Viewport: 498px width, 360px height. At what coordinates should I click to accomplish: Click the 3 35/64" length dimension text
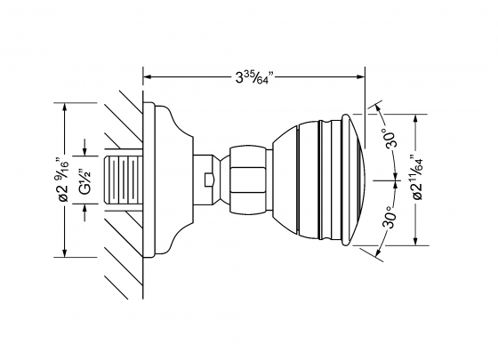(x=256, y=77)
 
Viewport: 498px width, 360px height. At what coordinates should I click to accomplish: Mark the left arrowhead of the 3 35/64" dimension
(x=148, y=76)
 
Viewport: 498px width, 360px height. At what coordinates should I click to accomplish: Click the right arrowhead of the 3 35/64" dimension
(x=360, y=76)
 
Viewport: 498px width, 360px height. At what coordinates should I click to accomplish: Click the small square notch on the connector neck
(x=207, y=180)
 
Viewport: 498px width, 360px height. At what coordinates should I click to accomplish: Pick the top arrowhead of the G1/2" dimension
(x=84, y=152)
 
